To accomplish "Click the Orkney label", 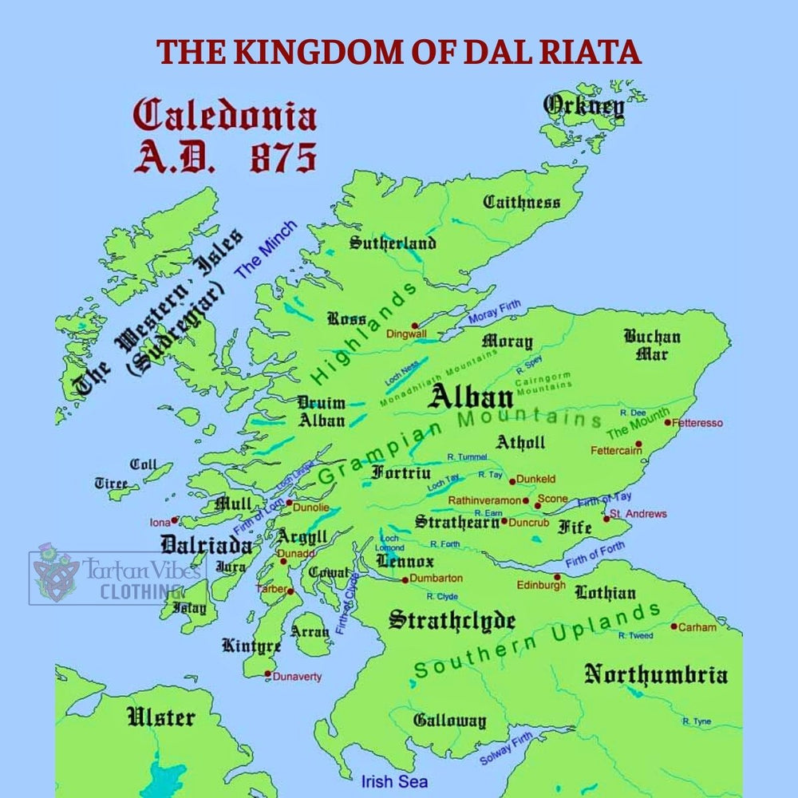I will (583, 106).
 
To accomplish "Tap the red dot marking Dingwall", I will (414, 326).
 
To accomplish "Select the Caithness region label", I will (522, 203).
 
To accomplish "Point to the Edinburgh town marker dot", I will (557, 576).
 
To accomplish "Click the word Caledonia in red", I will (224, 117).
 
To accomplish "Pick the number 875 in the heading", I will (283, 159).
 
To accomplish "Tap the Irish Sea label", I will (394, 782).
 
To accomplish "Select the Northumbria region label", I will (656, 675).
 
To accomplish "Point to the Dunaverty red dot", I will (268, 674).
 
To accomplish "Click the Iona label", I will (160, 523).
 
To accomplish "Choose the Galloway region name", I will (449, 721).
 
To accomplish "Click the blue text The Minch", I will (265, 248).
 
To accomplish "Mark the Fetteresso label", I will (699, 423).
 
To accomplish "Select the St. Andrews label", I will (638, 514).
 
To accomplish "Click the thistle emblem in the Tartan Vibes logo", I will (57, 573).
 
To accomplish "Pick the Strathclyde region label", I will (452, 621).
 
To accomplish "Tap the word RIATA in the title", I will (590, 52).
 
